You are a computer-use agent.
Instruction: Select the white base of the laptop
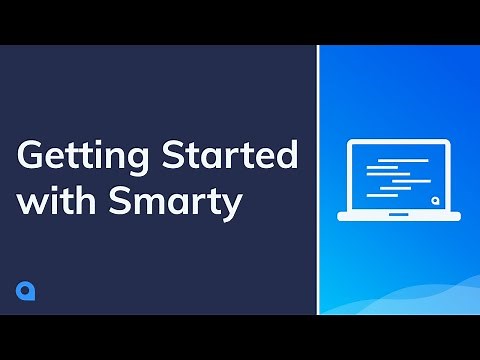pos(399,215)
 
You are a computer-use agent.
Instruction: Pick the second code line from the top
pos(381,168)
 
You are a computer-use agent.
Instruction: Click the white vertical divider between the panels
pos(318,180)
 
